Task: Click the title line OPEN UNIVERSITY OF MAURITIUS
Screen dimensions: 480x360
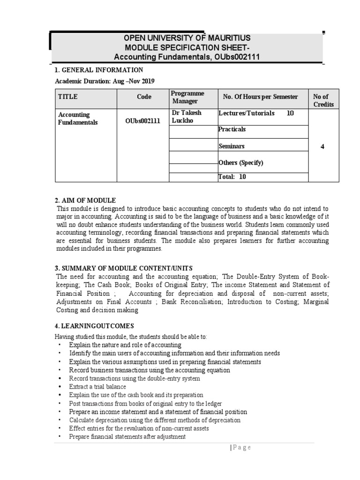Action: (x=187, y=38)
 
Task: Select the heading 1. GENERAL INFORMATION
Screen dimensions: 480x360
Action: (x=99, y=70)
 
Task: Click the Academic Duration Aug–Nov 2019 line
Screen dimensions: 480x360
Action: (x=105, y=81)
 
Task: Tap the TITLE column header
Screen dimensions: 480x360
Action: (x=68, y=97)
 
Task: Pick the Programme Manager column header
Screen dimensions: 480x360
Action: (x=187, y=97)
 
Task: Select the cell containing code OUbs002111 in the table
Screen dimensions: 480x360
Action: (x=143, y=121)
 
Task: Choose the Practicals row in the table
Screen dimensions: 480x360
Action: (x=232, y=129)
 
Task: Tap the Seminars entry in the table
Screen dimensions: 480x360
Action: (x=232, y=146)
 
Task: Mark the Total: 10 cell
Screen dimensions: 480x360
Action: (x=232, y=177)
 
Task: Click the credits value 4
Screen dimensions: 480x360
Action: (x=322, y=147)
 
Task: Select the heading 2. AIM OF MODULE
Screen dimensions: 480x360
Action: (x=85, y=200)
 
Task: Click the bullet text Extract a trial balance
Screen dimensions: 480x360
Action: (x=97, y=387)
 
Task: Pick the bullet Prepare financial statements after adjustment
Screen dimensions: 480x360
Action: (x=127, y=436)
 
